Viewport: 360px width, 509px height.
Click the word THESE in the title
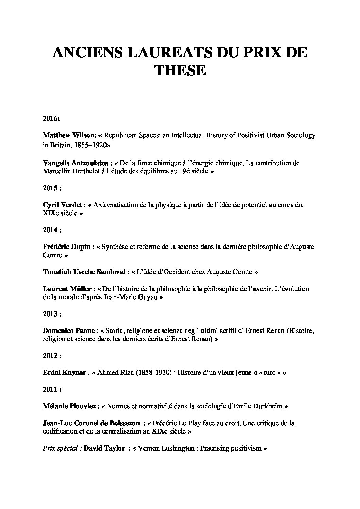point(180,70)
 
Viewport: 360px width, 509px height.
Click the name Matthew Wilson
point(68,135)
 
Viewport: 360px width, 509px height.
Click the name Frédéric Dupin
point(66,247)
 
